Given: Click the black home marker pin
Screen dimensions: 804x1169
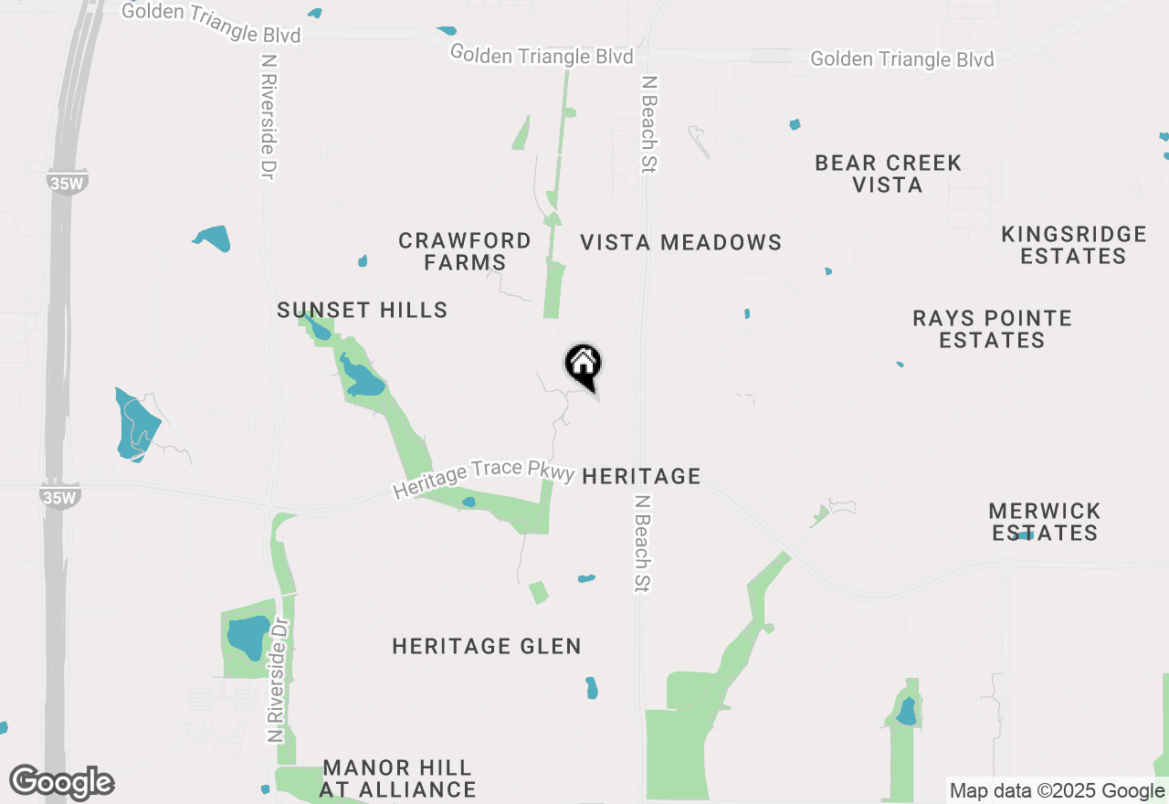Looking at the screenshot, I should click(584, 365).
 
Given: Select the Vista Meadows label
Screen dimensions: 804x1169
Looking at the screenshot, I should click(681, 242).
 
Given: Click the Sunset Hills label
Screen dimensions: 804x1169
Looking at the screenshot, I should click(363, 311).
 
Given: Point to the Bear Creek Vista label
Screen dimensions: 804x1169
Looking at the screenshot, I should click(888, 174).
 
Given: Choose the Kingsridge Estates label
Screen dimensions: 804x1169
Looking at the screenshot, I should click(1074, 245).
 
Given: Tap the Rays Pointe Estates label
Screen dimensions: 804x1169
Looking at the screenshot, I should click(992, 329).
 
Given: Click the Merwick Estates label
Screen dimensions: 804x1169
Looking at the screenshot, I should click(1045, 522).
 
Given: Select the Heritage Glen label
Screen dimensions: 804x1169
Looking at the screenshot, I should click(487, 647).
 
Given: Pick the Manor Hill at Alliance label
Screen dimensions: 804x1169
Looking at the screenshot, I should click(397, 778).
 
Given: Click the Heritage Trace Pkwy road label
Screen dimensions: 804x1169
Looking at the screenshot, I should click(484, 479).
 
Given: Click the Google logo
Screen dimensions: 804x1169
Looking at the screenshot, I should click(62, 783).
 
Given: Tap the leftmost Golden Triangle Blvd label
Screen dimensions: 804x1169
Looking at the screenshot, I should click(211, 23).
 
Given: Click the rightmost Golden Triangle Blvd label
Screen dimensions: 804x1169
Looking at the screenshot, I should click(902, 59).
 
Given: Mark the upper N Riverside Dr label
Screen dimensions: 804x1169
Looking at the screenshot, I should click(268, 116).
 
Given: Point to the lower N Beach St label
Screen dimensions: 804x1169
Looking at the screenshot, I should click(642, 545).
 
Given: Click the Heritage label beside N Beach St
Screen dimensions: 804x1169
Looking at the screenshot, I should click(641, 476).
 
